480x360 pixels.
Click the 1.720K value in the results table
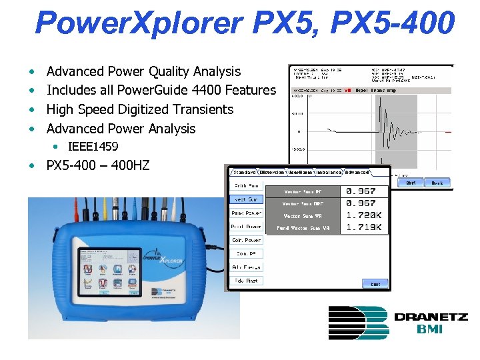click(365, 215)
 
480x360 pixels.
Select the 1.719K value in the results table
click(365, 228)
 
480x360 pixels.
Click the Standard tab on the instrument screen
click(244, 173)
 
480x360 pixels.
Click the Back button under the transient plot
click(437, 182)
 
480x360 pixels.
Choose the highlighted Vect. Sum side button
click(246, 199)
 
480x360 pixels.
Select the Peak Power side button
click(246, 213)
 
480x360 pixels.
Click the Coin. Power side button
click(246, 240)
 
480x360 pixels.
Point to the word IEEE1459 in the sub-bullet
click(93, 146)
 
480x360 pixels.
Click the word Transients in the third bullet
click(199, 109)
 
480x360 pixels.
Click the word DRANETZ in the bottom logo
click(431, 317)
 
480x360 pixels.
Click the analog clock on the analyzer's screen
click(133, 257)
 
